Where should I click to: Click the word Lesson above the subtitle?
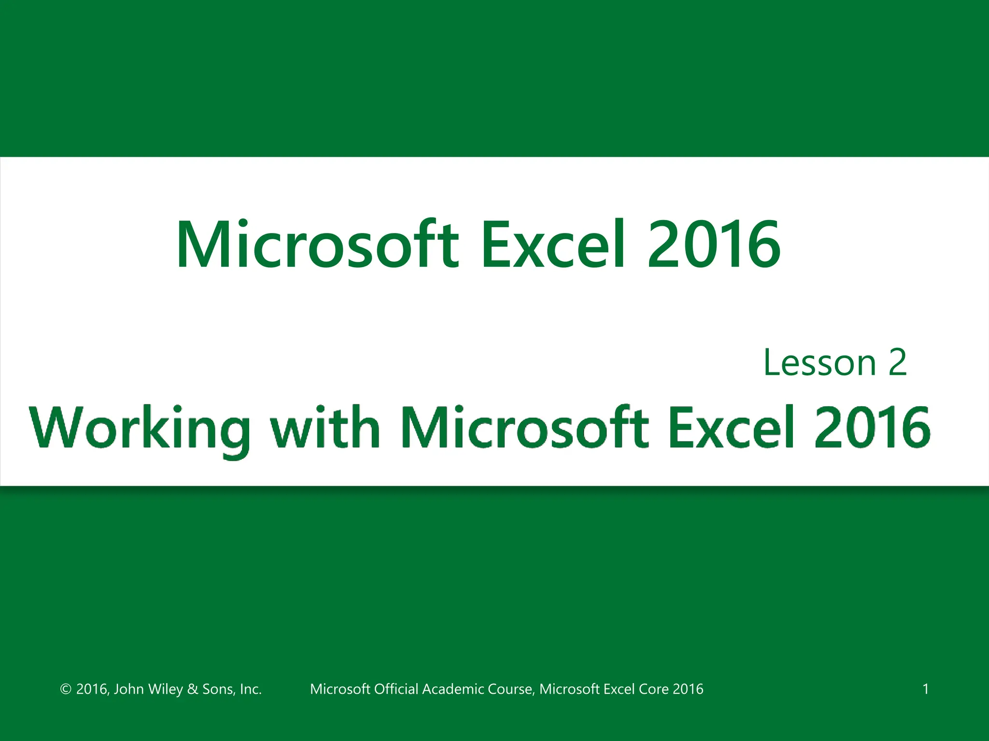[x=819, y=363]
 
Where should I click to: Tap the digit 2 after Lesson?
[x=897, y=363]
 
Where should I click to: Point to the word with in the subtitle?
[x=325, y=427]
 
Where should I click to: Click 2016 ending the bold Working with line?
[x=872, y=427]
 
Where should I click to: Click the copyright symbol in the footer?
[x=66, y=689]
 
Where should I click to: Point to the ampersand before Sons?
[x=192, y=689]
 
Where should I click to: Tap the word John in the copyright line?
[x=128, y=689]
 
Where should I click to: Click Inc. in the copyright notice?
[x=251, y=689]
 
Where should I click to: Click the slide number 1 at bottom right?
[x=926, y=689]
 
